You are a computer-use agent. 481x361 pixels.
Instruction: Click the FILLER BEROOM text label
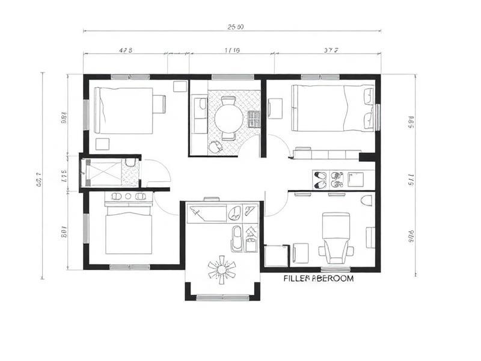(x=318, y=279)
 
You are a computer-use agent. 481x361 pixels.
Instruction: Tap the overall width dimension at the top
(x=235, y=26)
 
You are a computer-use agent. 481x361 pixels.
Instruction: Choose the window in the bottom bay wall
(x=222, y=297)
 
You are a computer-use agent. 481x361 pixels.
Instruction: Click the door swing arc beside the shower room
(x=158, y=171)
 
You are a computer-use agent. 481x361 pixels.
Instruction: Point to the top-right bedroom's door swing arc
(x=278, y=146)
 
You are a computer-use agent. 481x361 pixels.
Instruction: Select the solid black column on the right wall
(x=368, y=156)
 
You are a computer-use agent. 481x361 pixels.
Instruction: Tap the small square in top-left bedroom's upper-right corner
(x=180, y=86)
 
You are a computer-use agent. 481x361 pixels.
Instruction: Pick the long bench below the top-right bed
(x=325, y=155)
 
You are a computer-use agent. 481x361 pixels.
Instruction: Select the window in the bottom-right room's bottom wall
(x=334, y=268)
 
